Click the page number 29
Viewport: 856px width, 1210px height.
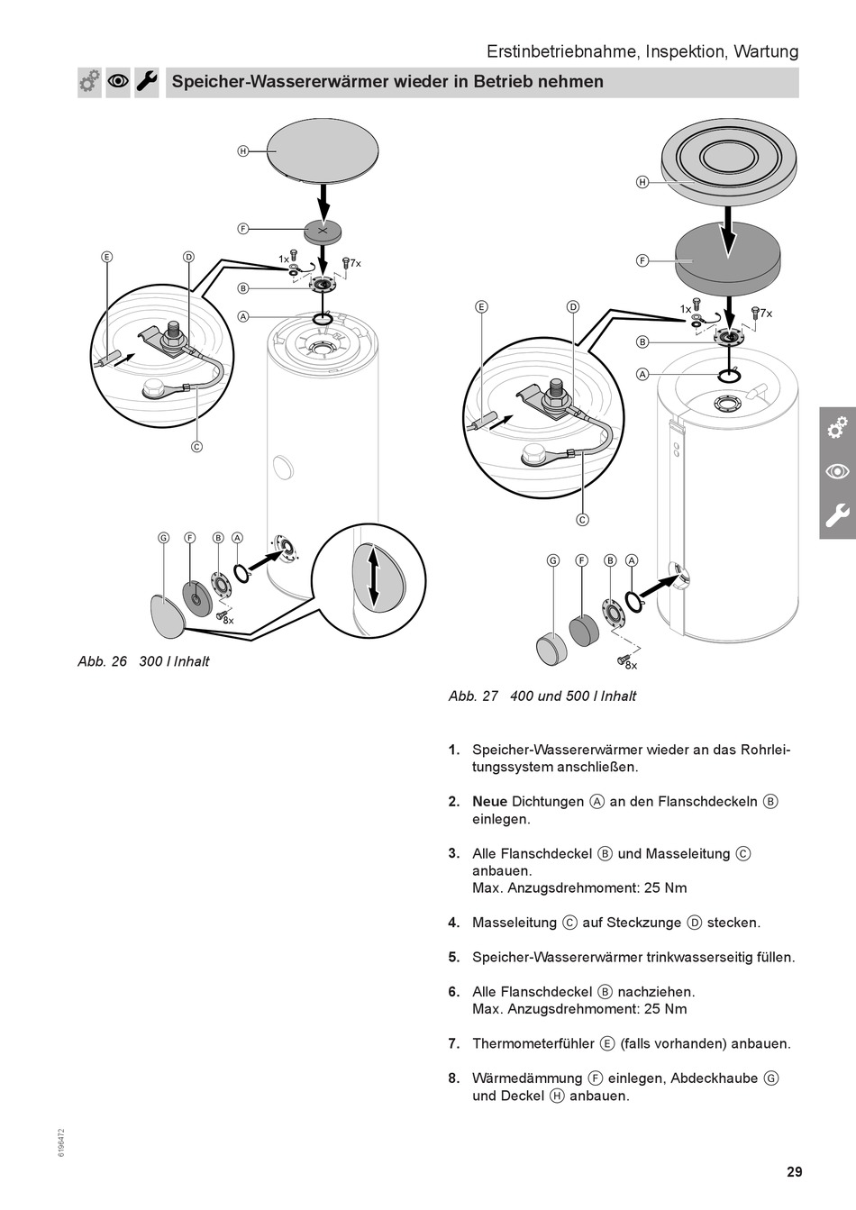[793, 1172]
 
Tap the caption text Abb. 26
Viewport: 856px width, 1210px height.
[103, 661]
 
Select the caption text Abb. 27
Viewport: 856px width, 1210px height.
[473, 696]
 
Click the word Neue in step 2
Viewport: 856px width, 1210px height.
[489, 802]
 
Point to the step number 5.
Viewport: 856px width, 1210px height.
[454, 958]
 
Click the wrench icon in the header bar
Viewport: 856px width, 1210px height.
[147, 82]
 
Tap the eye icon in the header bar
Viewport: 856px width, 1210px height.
[118, 82]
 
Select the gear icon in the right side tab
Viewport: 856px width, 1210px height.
[838, 427]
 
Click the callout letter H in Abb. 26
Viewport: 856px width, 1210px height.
[242, 151]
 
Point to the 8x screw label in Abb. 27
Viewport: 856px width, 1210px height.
[631, 665]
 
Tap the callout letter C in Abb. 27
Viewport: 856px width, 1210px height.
[582, 519]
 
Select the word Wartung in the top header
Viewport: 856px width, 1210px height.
[766, 51]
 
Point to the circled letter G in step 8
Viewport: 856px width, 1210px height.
[770, 1078]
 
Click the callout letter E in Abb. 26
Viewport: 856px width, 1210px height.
[107, 257]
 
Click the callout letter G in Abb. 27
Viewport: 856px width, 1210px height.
[554, 560]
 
